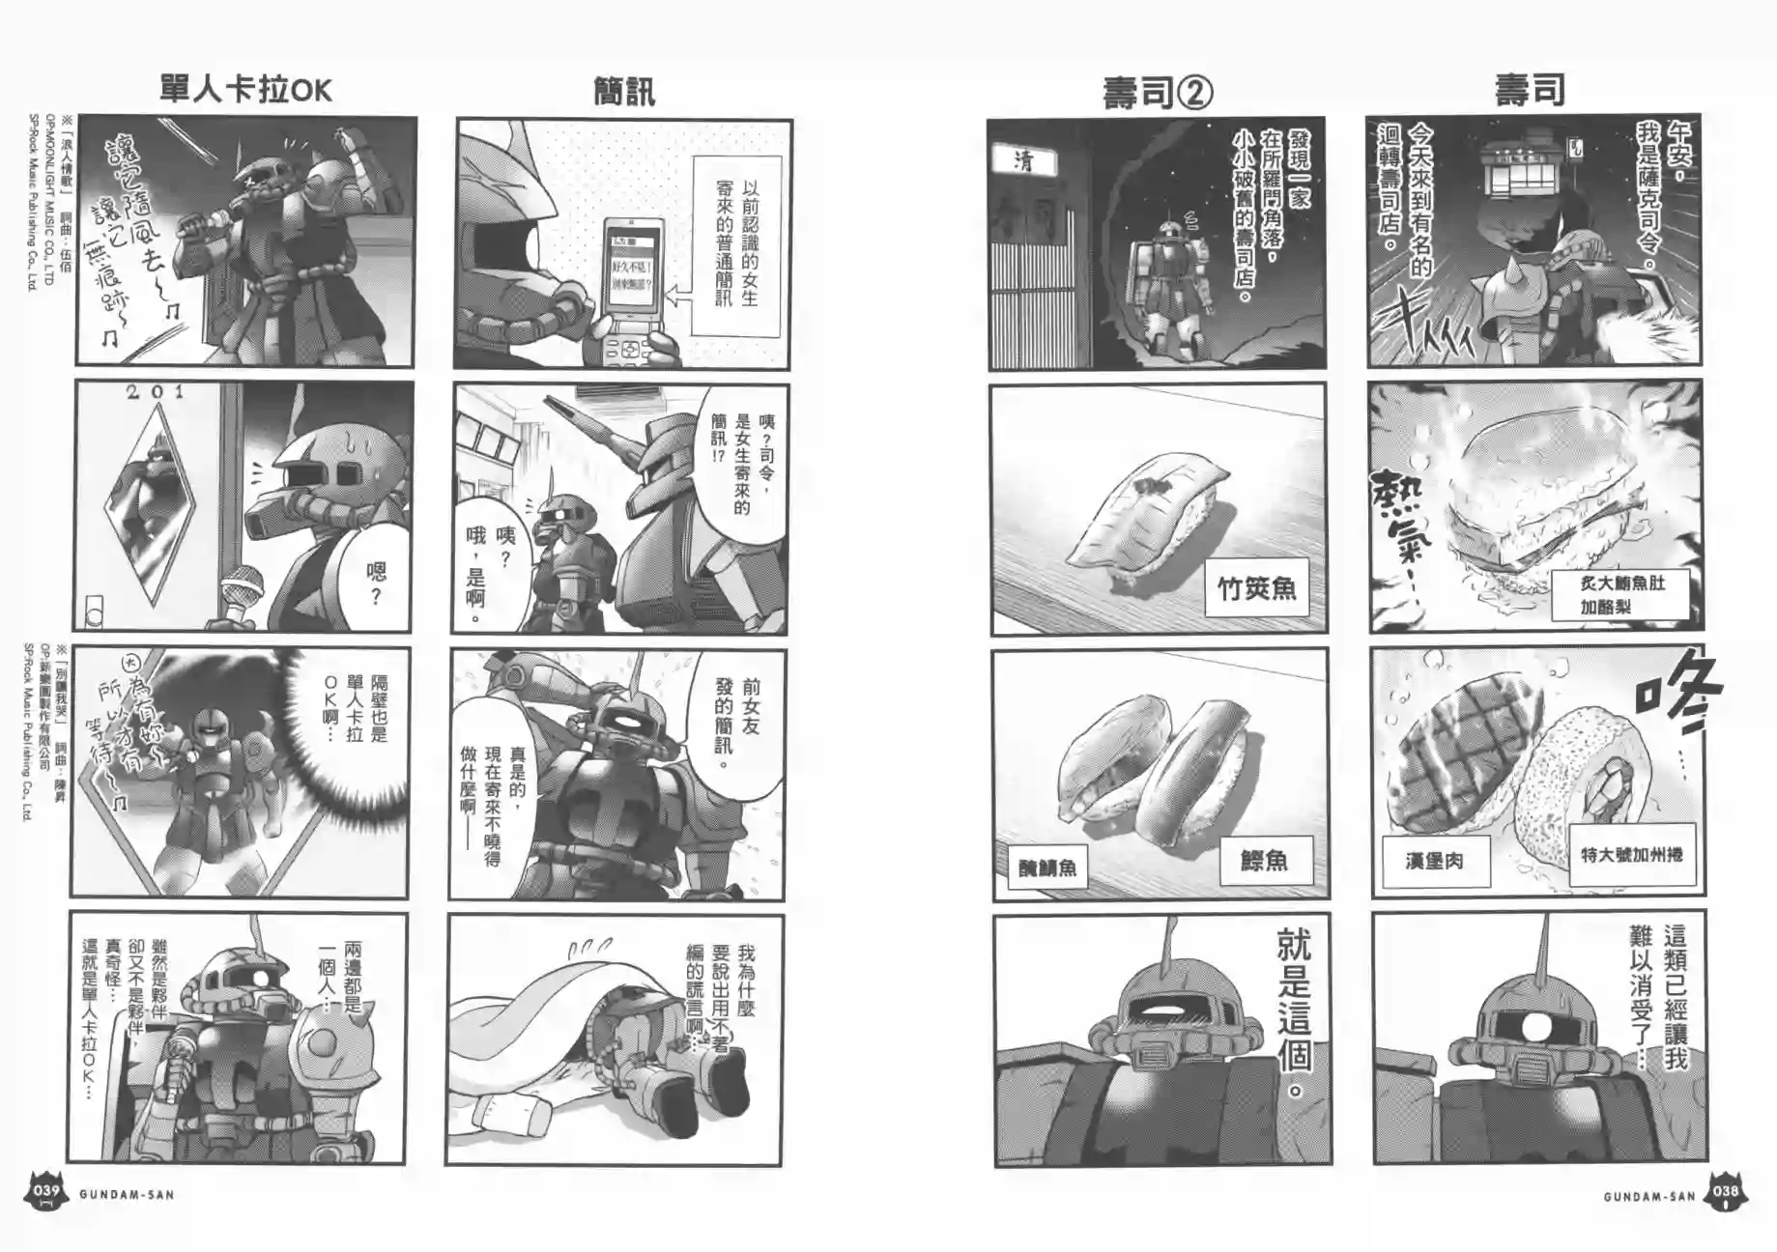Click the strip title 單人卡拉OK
coord(245,90)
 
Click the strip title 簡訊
coord(624,93)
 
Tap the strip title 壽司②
coord(1158,93)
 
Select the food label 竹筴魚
coord(1256,587)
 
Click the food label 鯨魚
coord(1264,860)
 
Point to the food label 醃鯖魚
coord(1047,867)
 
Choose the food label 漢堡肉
coord(1434,860)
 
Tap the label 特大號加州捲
coord(1631,854)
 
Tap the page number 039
coord(46,1191)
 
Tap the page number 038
coord(1726,1192)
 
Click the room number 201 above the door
coord(155,391)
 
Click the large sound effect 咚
coord(1677,696)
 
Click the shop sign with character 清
coord(1023,160)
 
